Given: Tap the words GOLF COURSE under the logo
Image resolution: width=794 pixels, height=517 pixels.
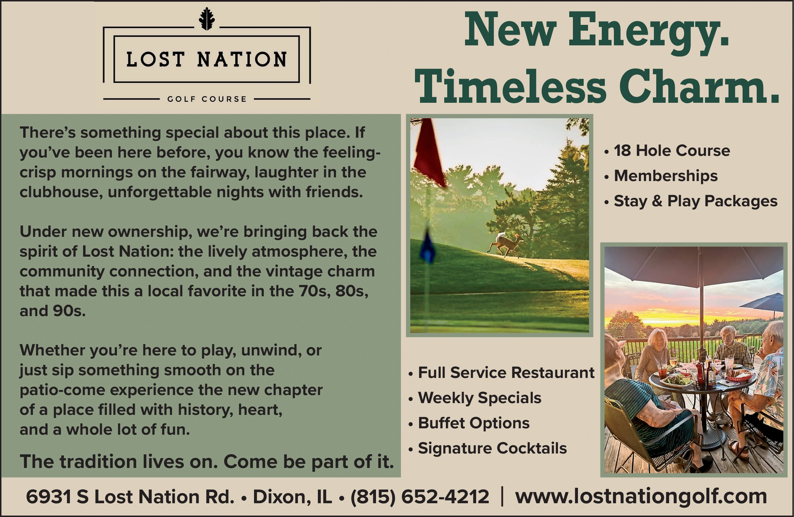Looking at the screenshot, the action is click(x=207, y=99).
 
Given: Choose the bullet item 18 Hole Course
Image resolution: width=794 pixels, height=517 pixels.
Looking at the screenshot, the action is click(x=667, y=151).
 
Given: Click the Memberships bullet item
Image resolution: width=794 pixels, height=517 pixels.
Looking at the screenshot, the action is click(x=661, y=176).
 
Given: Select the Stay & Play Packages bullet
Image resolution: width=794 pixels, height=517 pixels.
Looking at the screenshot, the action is click(x=690, y=201).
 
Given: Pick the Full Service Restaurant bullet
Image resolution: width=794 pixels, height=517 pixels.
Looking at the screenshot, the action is click(x=501, y=373).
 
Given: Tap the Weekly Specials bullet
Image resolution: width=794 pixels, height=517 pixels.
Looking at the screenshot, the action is click(x=474, y=398).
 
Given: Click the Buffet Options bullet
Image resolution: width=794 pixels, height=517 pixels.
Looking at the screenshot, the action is click(x=468, y=423).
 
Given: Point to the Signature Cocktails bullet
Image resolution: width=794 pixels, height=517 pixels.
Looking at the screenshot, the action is click(x=487, y=449).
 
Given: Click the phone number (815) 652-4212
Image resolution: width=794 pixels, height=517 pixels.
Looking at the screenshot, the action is click(x=420, y=497).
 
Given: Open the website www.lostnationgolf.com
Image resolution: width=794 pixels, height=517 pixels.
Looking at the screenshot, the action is click(x=641, y=497).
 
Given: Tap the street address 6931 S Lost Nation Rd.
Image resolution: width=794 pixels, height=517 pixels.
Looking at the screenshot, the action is click(x=130, y=497).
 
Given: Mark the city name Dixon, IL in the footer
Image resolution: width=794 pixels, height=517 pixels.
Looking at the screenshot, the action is click(x=292, y=497).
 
